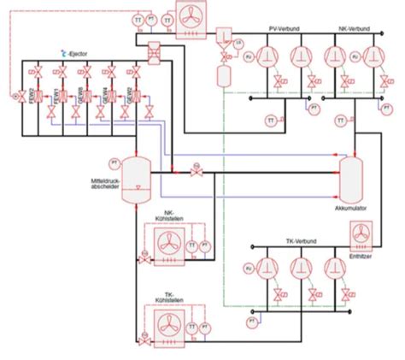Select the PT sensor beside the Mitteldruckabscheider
[114, 162]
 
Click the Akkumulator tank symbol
[351, 179]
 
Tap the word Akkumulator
[350, 208]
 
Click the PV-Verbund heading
[283, 29]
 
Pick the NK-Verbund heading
[354, 29]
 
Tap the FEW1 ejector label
[57, 90]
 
